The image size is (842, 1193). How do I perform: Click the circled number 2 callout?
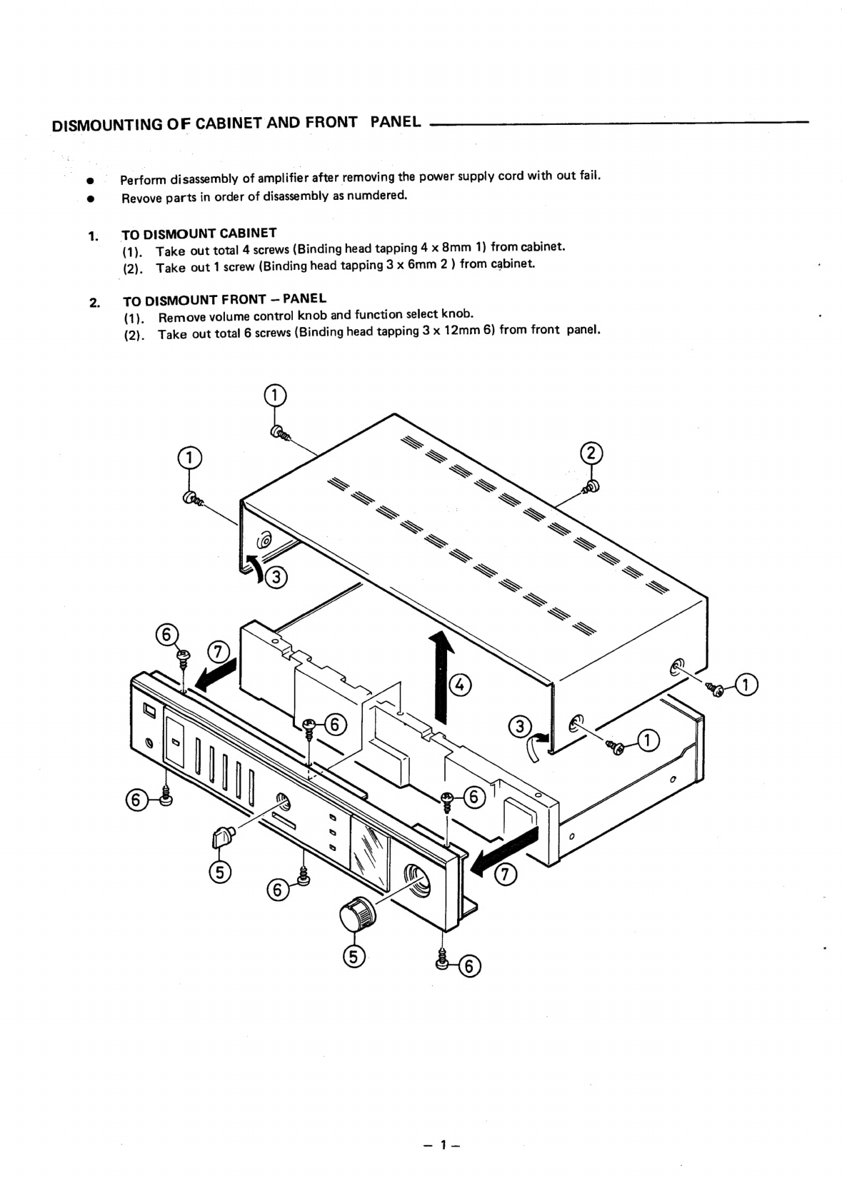pyautogui.click(x=591, y=453)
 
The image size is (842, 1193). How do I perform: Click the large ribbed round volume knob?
pyautogui.click(x=356, y=915)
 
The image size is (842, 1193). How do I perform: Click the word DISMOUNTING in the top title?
pyautogui.click(x=97, y=125)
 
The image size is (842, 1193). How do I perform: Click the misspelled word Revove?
pyautogui.click(x=141, y=198)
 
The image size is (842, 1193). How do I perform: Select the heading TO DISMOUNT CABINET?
pyautogui.click(x=199, y=233)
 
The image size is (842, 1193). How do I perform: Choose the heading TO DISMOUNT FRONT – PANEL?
pyautogui.click(x=224, y=299)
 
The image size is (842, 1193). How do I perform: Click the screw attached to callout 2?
pyautogui.click(x=592, y=486)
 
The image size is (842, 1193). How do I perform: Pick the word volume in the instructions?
pyautogui.click(x=221, y=316)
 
